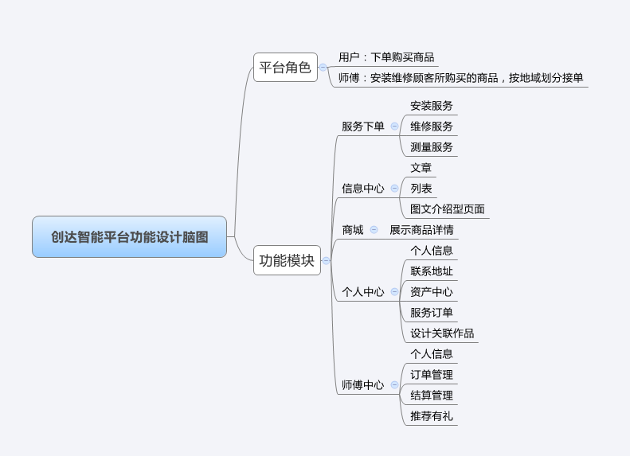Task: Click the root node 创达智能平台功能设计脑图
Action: click(129, 237)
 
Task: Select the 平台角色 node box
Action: click(285, 68)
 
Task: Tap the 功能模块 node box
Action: click(287, 260)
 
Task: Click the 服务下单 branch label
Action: click(362, 127)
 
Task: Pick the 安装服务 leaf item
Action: click(431, 106)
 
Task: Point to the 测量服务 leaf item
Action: click(431, 147)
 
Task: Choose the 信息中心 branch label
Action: click(362, 189)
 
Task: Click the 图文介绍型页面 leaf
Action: click(447, 209)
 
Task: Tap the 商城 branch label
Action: click(352, 230)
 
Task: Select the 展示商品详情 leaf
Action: click(421, 230)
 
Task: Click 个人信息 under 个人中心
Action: click(431, 251)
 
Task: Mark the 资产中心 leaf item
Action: click(431, 292)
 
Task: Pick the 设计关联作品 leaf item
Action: click(442, 333)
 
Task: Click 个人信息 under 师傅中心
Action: click(431, 354)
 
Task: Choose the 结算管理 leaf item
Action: click(431, 396)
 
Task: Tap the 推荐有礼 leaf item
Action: click(431, 416)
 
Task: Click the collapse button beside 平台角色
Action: click(323, 68)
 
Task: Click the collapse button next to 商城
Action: click(374, 230)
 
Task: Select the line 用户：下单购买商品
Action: click(386, 57)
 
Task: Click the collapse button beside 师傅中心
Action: click(395, 385)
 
